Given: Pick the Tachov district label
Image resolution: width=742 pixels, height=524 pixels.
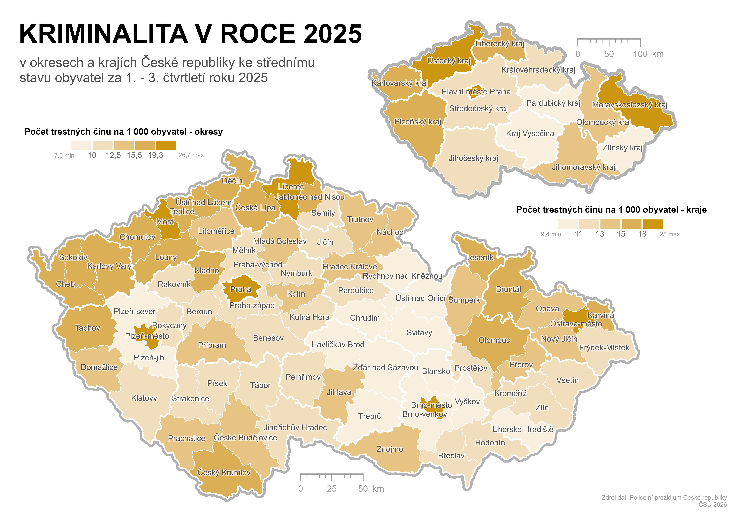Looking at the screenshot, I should tap(88, 328).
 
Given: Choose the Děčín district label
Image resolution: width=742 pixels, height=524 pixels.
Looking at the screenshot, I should tap(232, 181).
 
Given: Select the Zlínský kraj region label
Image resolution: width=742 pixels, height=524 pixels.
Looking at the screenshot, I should tap(622, 148).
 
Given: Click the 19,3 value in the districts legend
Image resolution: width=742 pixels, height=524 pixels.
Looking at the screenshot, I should tap(155, 155).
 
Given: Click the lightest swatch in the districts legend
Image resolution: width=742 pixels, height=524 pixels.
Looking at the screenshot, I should tap(81, 145).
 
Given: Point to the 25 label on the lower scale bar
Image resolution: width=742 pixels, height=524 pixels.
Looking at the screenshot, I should tap(332, 489).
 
